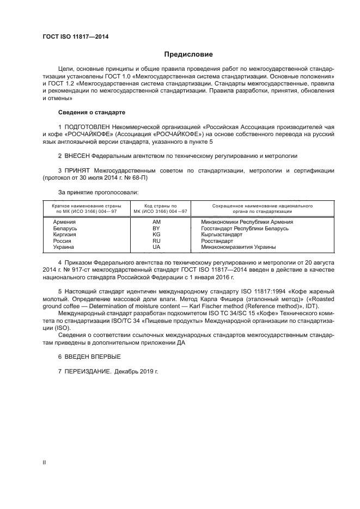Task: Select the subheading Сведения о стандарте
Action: pyautogui.click(x=91, y=112)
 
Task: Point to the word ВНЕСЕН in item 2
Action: pyautogui.click(x=78, y=156)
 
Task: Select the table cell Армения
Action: pyautogui.click(x=64, y=222)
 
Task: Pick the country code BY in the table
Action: pyautogui.click(x=156, y=229)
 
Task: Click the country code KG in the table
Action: pyautogui.click(x=156, y=235)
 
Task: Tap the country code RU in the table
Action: pyautogui.click(x=156, y=241)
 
